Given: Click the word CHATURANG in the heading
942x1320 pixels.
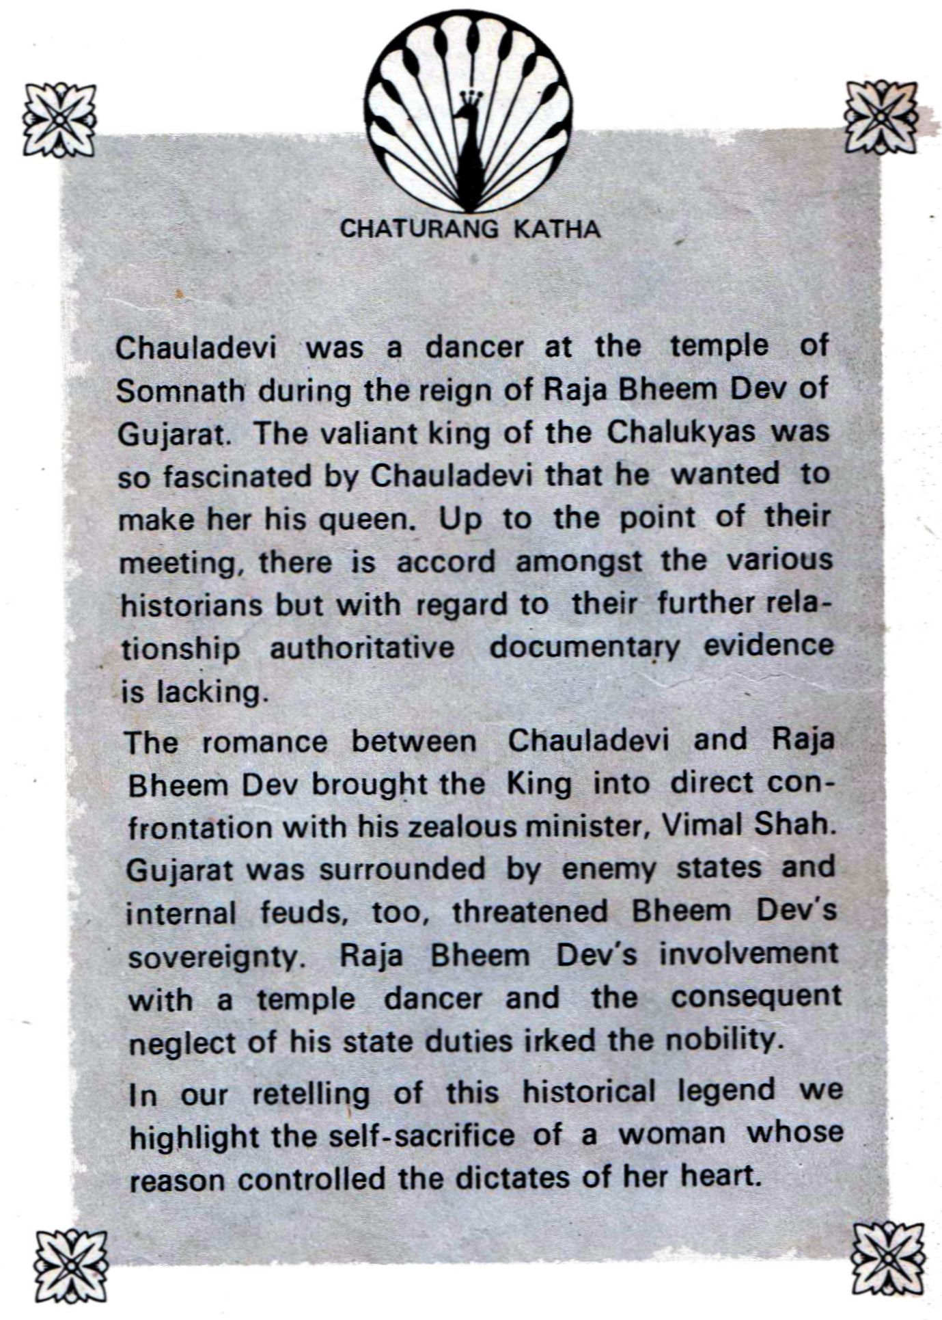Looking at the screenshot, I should pyautogui.click(x=419, y=229).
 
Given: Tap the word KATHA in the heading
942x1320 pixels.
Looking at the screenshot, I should pyautogui.click(x=557, y=229).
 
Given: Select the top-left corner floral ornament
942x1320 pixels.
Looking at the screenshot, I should pyautogui.click(x=59, y=120).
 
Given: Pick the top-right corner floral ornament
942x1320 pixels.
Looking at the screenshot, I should pyautogui.click(x=881, y=116).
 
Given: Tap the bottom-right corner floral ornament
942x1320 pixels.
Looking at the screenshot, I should pyautogui.click(x=888, y=1258).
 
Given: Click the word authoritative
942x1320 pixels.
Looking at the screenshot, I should pyautogui.click(x=362, y=648).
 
